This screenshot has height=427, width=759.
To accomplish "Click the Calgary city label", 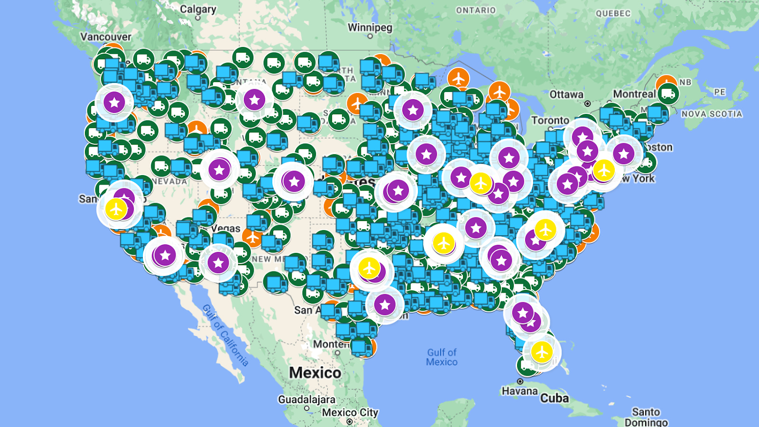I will pos(198,9).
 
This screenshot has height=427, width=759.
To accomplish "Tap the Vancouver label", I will pos(105,37).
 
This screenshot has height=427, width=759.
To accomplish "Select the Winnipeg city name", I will pos(370,28).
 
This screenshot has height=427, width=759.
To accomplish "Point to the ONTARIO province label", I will pos(475,10).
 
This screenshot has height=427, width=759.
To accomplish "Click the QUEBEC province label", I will pos(613,13).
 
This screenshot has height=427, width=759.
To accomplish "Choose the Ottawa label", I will pos(566,94).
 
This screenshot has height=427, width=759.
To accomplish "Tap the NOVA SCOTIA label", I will pos(712,114).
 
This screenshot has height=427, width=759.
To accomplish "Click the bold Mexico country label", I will pos(315,373).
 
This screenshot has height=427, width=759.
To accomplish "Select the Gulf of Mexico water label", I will pos(442,357).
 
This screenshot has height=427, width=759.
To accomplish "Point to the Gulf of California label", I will pos(225,335).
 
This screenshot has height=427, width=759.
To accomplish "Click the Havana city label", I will pos(519,391).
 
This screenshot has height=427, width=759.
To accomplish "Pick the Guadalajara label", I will pos(306,399).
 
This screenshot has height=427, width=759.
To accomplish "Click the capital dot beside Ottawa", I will pos(587,103).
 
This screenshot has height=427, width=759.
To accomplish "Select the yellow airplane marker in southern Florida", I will pos(541,352).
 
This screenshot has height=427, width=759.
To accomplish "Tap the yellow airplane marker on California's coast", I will pos(116,209).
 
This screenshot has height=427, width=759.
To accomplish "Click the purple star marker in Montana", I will pos(254,100).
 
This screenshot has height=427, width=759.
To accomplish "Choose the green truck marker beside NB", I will pos(668,94).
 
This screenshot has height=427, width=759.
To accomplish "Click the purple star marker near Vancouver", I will pos(114,102).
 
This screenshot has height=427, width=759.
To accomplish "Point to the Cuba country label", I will pos(554,398).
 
